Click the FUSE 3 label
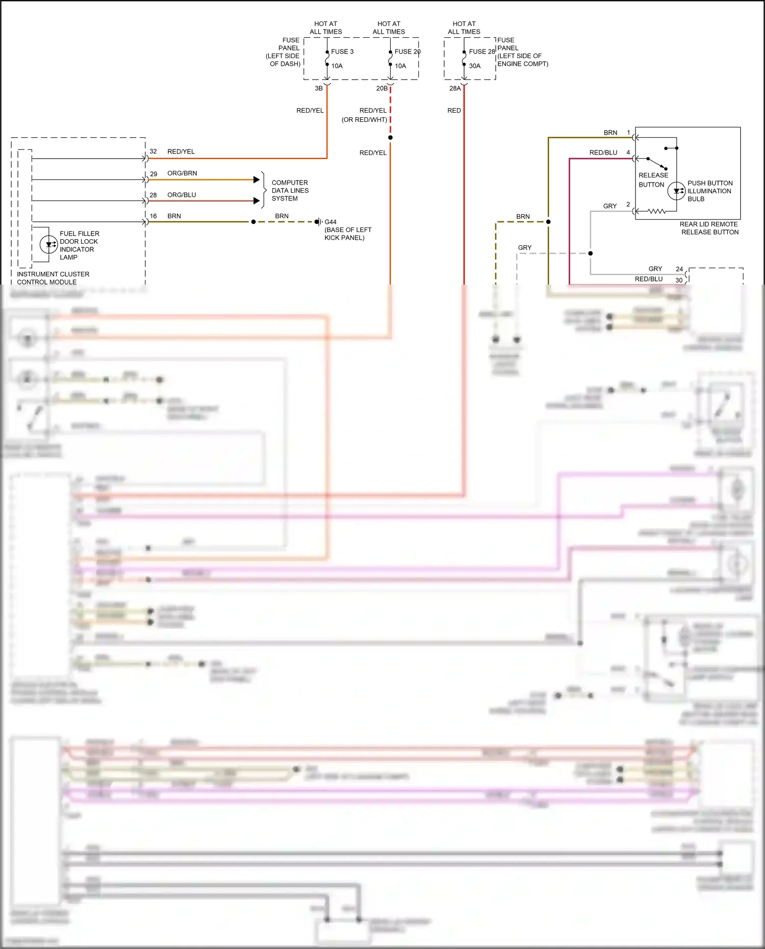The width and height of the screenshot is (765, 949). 342,52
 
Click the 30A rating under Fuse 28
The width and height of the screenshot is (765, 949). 474,66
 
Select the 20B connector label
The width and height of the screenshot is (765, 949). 381,88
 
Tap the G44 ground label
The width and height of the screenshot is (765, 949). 330,222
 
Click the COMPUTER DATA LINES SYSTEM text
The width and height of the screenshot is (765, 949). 290,190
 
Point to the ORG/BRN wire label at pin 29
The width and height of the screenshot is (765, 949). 182,173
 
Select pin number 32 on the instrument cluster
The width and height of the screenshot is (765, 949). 153,151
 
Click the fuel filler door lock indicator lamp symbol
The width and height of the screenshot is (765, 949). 48,244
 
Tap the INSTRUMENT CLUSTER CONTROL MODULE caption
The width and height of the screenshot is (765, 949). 53,278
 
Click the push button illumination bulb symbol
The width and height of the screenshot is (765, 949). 676,191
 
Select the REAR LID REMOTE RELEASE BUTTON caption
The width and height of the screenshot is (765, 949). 709,228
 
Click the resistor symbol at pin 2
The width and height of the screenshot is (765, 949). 656,211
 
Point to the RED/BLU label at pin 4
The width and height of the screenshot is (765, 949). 603,152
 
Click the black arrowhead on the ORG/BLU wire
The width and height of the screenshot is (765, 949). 257,201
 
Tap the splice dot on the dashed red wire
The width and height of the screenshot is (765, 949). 390,138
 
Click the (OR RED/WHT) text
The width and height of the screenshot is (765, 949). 364,120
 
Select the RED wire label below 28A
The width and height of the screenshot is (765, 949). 454,111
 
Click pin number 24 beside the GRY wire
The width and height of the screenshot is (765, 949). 679,269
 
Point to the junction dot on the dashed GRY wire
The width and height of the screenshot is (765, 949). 591,253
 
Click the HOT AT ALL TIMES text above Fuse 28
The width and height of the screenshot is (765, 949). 464,28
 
